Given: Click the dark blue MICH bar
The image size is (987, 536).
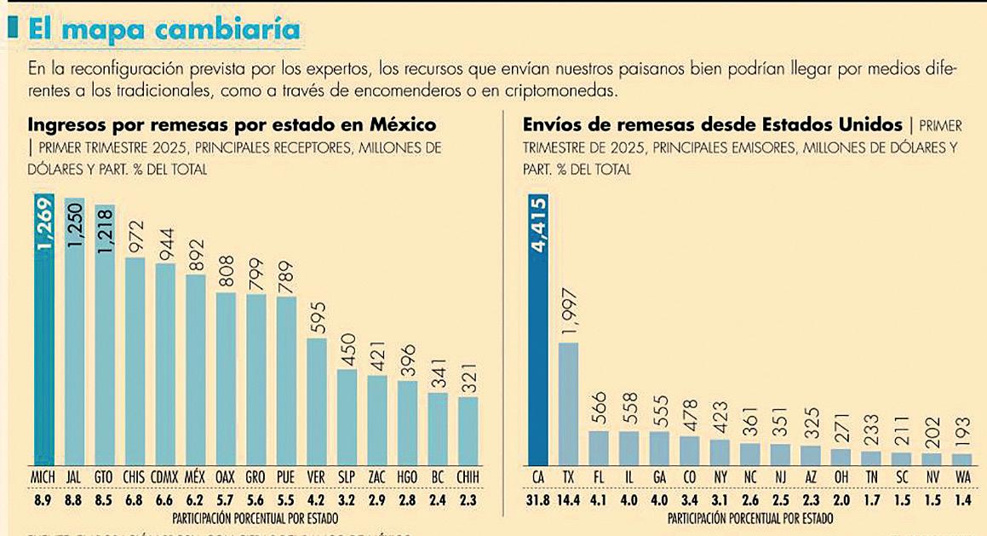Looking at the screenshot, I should click(44, 341).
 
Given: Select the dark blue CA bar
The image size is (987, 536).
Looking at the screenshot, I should click(539, 341).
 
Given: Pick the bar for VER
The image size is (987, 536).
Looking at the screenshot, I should click(317, 401).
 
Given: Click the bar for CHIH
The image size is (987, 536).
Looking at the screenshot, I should click(468, 430).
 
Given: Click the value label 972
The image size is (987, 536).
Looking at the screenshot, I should click(135, 236).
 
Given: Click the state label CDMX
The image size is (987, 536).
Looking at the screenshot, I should click(165, 477).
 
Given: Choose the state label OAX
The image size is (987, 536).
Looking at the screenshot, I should click(226, 477).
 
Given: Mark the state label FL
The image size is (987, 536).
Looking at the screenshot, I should click(599, 477).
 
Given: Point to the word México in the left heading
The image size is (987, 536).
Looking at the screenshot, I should click(403, 124).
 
